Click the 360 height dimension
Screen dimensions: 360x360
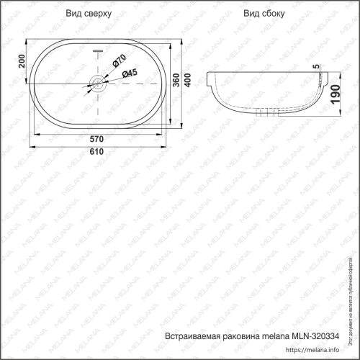176,84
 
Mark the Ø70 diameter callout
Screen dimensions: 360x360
119,60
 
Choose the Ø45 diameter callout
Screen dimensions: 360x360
130,73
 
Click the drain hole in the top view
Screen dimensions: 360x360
98,84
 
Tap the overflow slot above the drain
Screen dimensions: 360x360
99,51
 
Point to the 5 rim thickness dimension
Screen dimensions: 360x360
315,67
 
